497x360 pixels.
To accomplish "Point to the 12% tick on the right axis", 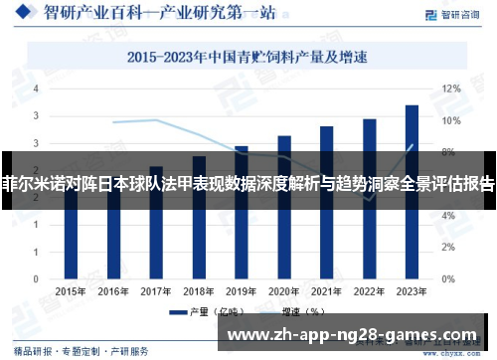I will tap(450, 89).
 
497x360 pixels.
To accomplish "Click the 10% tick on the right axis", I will tap(450, 120).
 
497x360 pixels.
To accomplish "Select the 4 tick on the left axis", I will tap(37, 89).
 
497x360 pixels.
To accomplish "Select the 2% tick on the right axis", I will tap(450, 248).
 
